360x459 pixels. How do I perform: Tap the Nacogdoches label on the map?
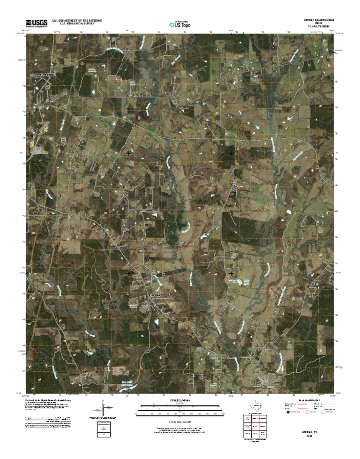click(x=42, y=75)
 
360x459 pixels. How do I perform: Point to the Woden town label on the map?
click(x=255, y=385)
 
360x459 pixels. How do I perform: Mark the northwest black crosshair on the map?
click(x=128, y=153)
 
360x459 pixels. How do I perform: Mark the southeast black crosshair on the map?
click(x=231, y=273)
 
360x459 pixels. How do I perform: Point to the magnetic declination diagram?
click(x=103, y=408)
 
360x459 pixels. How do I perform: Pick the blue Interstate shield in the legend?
click(x=288, y=413)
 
